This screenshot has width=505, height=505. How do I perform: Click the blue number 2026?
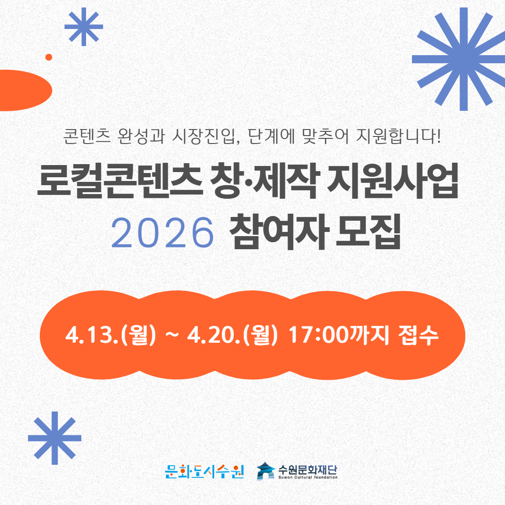point(163,232)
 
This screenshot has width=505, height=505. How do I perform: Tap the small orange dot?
point(49,58)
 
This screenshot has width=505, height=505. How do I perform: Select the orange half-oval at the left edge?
point(25,90)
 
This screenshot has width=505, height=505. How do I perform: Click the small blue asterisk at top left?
point(84,27)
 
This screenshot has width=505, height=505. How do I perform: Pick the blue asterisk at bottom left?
point(55,438)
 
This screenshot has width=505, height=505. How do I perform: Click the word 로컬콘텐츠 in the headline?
point(120,180)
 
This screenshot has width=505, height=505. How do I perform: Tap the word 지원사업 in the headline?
point(392,180)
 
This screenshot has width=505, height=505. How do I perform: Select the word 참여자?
point(279,232)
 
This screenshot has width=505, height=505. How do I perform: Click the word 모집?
point(368,232)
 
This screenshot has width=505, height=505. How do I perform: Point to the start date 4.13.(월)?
point(110,335)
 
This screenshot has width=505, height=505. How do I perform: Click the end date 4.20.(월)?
point(232,335)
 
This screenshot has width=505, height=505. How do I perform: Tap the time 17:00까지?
point(339,335)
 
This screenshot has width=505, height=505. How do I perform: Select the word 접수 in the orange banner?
point(418,335)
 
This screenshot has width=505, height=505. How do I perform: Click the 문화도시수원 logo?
point(204,472)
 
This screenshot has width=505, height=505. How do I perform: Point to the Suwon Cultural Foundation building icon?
point(266,471)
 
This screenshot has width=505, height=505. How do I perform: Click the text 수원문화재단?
point(308,470)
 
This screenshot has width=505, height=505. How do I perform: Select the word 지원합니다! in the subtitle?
point(398,136)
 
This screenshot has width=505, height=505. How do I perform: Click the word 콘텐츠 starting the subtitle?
point(87,136)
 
